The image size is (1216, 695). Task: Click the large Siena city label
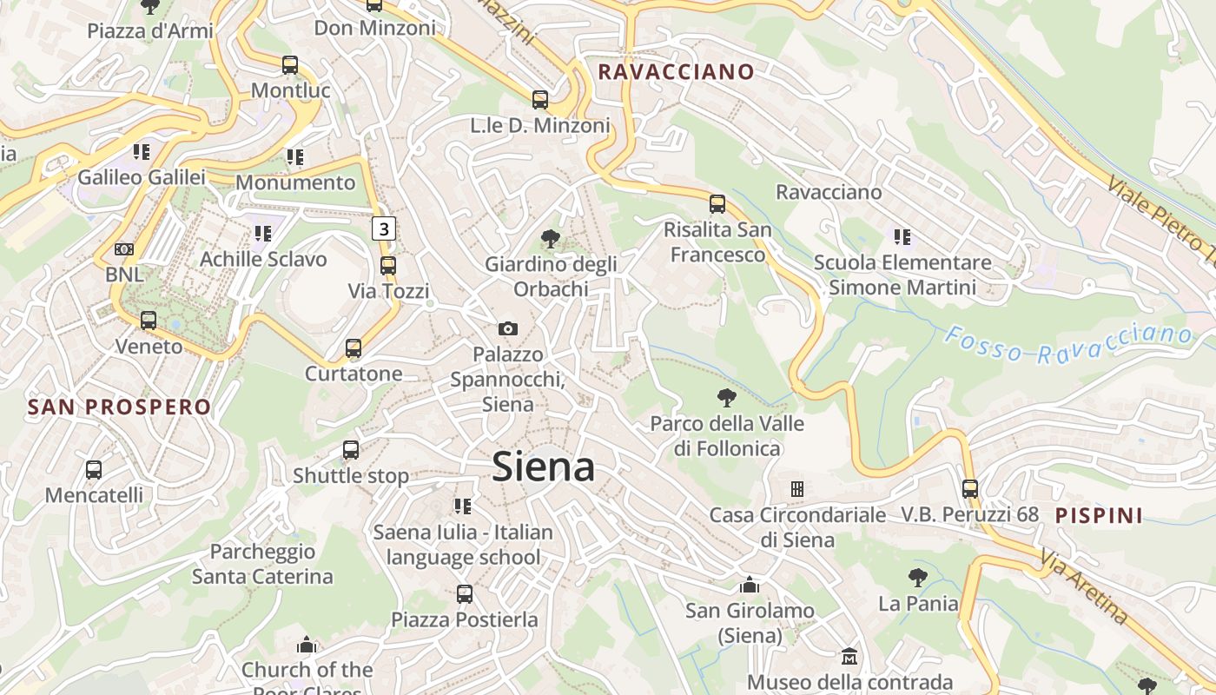coord(544,467)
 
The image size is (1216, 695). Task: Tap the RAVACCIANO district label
coord(676,72)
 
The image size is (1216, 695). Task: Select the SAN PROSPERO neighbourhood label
coord(119,407)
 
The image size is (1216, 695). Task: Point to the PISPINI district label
coord(1099,515)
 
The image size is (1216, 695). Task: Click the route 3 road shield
coord(384,228)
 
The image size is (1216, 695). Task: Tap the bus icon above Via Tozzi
coord(388,265)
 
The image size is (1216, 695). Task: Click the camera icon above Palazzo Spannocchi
coord(508,328)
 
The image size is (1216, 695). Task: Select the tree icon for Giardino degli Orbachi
coord(550,238)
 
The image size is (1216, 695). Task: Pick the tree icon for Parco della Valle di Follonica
coord(727,398)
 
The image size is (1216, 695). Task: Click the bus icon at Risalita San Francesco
coord(717,204)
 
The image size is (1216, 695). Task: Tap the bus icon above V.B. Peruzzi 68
coord(970,488)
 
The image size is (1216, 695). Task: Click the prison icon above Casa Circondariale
coord(796,489)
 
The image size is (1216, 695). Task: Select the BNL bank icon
coord(124,249)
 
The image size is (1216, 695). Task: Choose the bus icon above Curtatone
coord(354,348)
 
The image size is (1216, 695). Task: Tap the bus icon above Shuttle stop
coord(351,450)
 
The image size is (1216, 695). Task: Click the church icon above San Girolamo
coord(749,585)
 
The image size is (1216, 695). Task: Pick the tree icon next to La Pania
coord(917,577)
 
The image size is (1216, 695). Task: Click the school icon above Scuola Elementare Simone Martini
coord(902,236)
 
